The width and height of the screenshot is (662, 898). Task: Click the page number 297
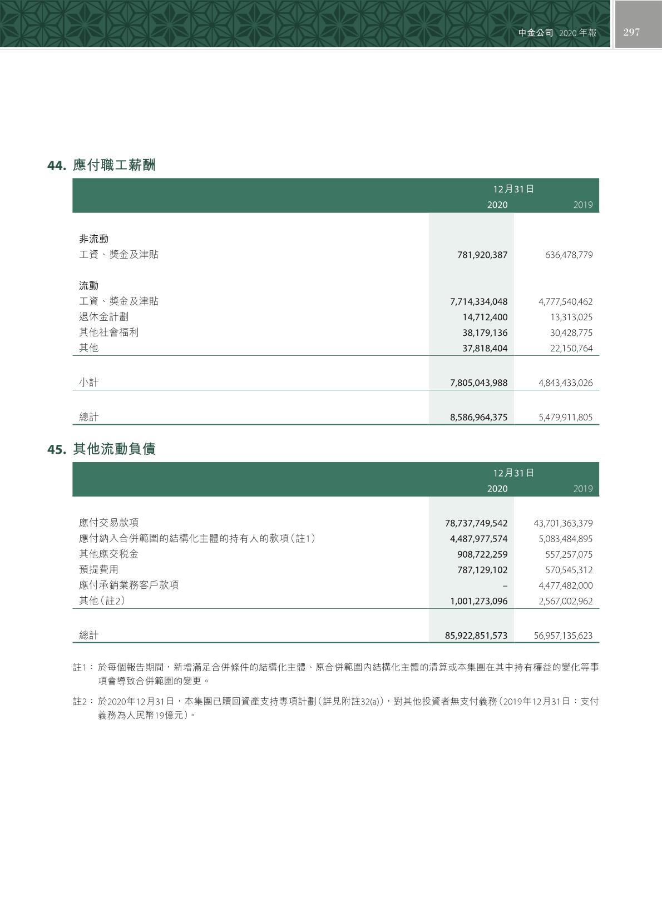pyautogui.click(x=631, y=32)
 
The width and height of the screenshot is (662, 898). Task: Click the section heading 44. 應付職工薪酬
pyautogui.click(x=101, y=165)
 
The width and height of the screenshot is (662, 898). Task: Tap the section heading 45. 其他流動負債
pyautogui.click(x=101, y=449)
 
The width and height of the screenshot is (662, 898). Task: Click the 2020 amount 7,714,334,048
pyautogui.click(x=478, y=302)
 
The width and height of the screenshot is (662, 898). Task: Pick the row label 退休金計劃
pyautogui.click(x=104, y=317)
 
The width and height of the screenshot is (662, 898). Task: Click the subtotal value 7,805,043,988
pyautogui.click(x=478, y=383)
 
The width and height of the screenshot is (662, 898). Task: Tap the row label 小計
pyautogui.click(x=88, y=383)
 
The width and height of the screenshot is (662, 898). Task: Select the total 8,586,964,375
pyautogui.click(x=478, y=418)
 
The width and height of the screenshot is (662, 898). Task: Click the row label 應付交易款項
pyautogui.click(x=109, y=523)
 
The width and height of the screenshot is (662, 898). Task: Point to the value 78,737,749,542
pyautogui.click(x=476, y=523)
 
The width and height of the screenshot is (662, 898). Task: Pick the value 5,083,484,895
pyautogui.click(x=565, y=539)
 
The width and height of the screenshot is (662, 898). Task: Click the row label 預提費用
pyautogui.click(x=99, y=569)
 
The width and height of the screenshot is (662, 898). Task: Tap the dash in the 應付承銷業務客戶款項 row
pyautogui.click(x=505, y=586)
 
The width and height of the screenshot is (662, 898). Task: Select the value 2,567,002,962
pyautogui.click(x=565, y=601)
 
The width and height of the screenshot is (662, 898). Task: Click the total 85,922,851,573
pyautogui.click(x=476, y=636)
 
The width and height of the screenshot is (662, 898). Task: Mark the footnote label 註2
pyautogui.click(x=81, y=702)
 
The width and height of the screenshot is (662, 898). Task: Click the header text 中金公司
pyautogui.click(x=536, y=33)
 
